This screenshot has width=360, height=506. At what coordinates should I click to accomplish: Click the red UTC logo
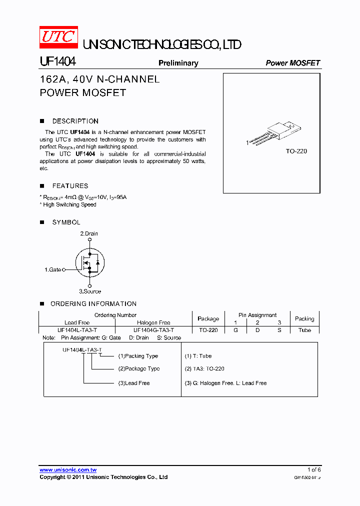pos(58,37)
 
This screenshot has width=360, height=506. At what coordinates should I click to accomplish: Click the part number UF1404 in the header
pos(57,61)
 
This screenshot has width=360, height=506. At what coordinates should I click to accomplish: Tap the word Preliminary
pos(178,63)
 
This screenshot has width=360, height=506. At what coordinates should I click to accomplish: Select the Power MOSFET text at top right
pos(292,63)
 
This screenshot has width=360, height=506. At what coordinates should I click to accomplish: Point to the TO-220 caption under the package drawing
pos(296,151)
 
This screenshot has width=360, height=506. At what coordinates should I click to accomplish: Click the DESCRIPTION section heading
pos(75,121)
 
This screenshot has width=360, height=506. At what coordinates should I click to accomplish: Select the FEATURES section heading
pos(70,185)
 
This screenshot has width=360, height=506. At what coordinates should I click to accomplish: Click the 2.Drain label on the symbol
pos(89,233)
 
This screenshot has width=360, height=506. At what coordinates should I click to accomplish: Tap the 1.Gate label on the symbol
pos(52,269)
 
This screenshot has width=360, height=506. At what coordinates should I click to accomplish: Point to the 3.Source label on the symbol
pos(90,291)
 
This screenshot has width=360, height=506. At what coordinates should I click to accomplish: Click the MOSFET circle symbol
pos(89,262)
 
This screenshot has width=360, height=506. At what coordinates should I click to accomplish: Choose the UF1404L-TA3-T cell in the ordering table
pos(77,330)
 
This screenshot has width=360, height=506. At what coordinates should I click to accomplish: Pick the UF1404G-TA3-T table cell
pos(153,330)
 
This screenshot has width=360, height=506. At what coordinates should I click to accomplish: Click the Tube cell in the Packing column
pos(304,330)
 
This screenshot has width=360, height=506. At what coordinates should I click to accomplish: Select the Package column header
pos(208,318)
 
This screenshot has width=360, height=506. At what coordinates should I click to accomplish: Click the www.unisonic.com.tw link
pos(68,470)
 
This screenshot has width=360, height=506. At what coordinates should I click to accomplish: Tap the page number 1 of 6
pos(314,469)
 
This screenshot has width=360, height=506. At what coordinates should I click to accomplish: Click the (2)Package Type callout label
pos(139,368)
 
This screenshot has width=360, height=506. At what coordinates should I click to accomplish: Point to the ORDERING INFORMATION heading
pos(93,303)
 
